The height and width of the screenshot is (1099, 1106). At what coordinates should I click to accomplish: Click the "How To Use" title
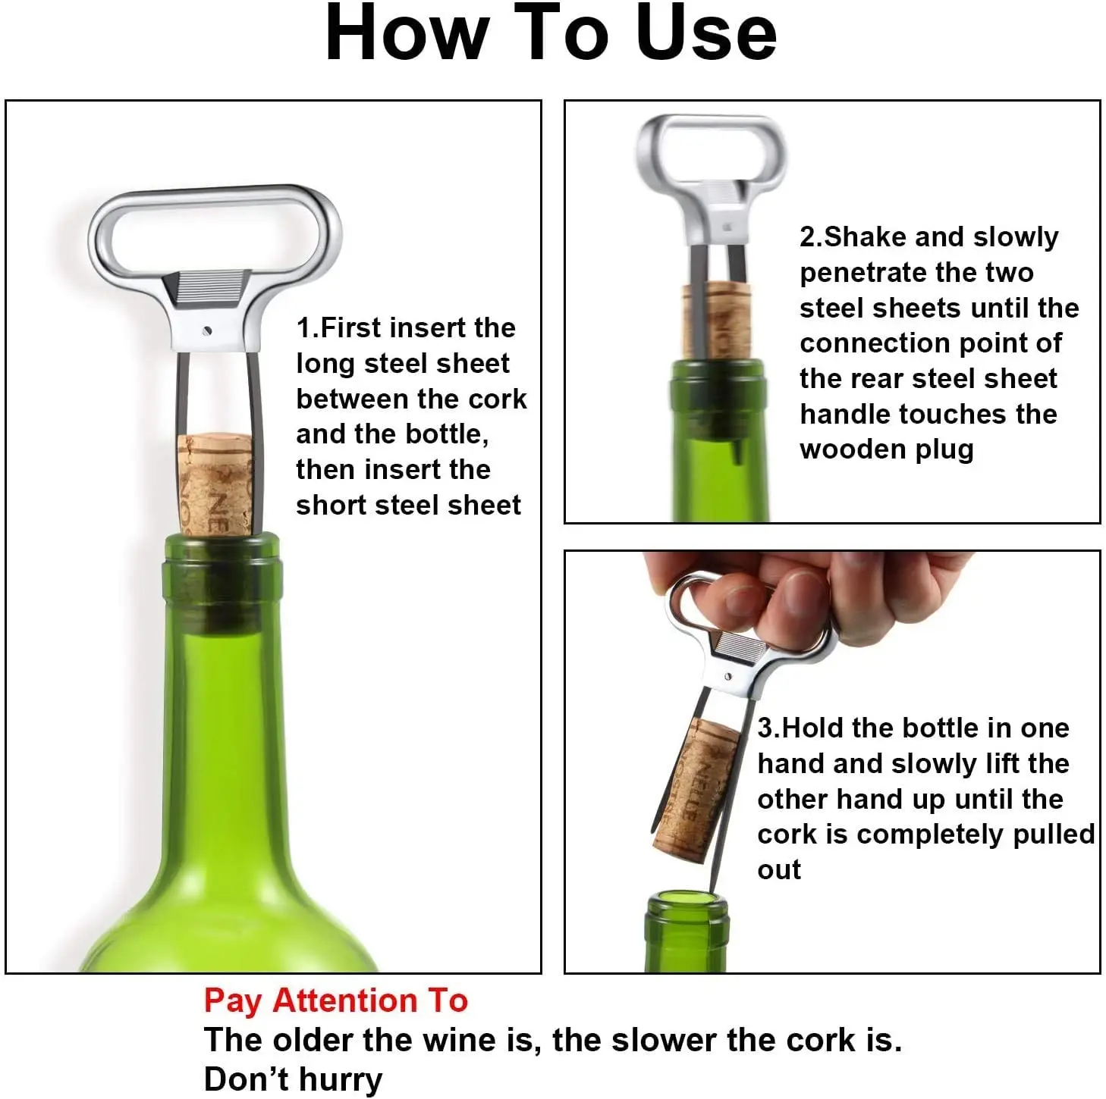(x=551, y=34)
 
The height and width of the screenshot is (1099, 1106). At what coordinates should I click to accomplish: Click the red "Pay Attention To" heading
(x=335, y=1000)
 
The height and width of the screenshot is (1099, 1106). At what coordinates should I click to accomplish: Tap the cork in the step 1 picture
(x=215, y=484)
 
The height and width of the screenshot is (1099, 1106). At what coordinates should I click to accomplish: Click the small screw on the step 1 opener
(x=207, y=330)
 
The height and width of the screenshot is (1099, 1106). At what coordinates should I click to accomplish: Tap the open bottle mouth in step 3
(x=687, y=902)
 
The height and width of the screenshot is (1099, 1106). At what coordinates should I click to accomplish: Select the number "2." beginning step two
(x=811, y=237)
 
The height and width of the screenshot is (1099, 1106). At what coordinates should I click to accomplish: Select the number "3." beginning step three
(x=768, y=728)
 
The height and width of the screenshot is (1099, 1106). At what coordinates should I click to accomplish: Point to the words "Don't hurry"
(x=293, y=1079)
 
